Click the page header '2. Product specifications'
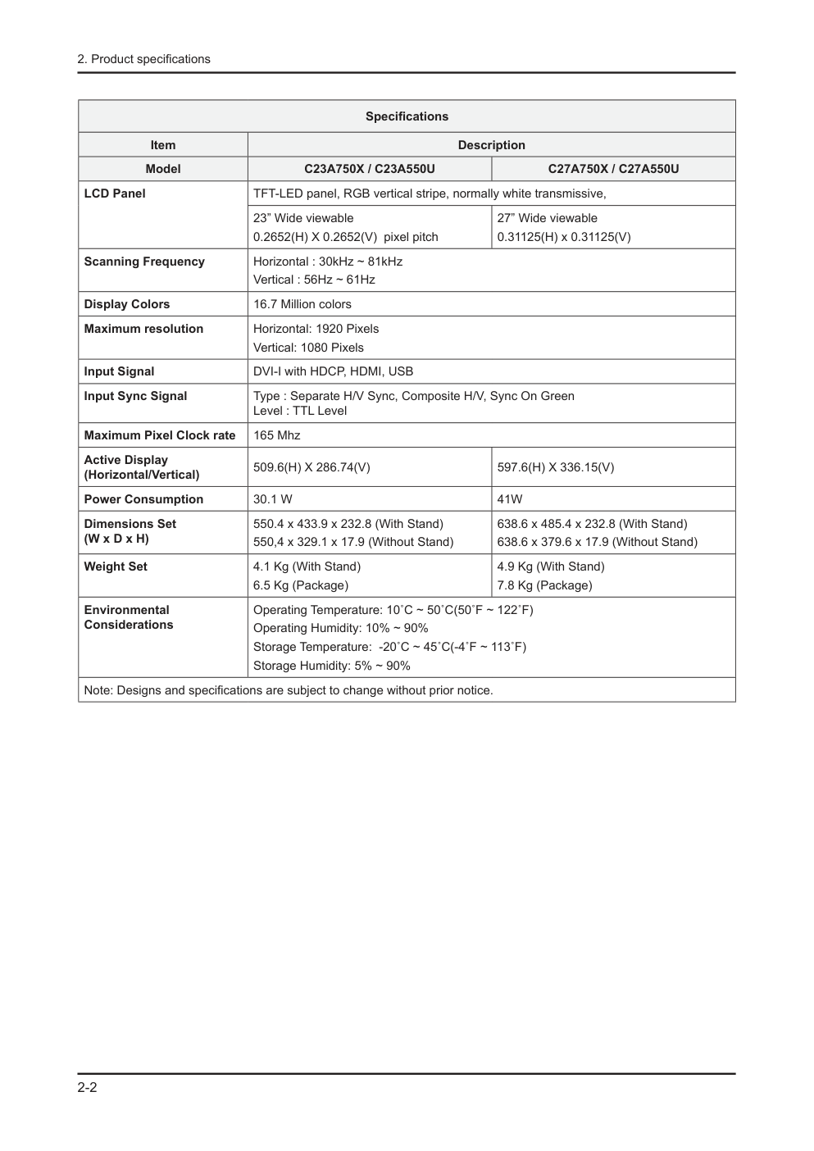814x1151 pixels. [143, 59]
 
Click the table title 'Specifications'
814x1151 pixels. [407, 116]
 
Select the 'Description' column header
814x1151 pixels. [491, 145]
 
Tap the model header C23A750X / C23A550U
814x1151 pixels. [369, 169]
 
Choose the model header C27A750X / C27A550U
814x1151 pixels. [613, 169]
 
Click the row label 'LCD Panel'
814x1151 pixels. [115, 193]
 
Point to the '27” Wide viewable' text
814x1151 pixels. [547, 218]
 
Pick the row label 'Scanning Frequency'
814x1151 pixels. [144, 262]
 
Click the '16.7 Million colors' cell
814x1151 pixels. [302, 304]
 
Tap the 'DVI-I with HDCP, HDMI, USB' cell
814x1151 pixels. [333, 371]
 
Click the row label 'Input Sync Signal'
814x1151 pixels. [135, 396]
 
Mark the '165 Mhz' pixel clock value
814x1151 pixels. [276, 435]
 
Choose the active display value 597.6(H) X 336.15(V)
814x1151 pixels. [555, 467]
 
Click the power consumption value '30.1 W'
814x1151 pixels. [272, 499]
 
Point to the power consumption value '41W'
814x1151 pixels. [509, 499]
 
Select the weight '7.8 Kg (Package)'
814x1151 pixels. [544, 585]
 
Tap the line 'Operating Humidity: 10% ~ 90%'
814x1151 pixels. [340, 628]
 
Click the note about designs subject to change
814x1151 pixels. [288, 690]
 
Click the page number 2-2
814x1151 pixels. [87, 1088]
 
